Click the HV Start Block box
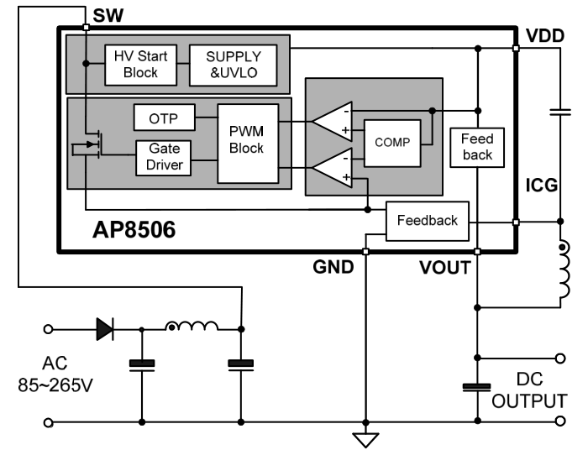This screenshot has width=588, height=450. pyautogui.click(x=140, y=65)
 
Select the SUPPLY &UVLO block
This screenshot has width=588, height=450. pyautogui.click(x=234, y=65)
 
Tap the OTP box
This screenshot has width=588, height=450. pyautogui.click(x=165, y=118)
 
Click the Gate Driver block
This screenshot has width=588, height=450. pyautogui.click(x=164, y=158)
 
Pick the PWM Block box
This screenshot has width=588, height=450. pyautogui.click(x=248, y=144)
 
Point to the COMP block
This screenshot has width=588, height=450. pyautogui.click(x=392, y=143)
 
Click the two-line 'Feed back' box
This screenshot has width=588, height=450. pyautogui.click(x=477, y=147)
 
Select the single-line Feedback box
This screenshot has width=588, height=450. pyautogui.click(x=428, y=221)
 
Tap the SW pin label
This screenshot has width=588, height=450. pyautogui.click(x=108, y=16)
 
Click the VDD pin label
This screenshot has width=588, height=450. pyautogui.click(x=545, y=36)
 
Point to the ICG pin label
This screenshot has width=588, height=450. pyautogui.click(x=542, y=186)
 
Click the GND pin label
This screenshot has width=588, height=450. pyautogui.click(x=333, y=267)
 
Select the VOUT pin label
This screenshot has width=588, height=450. pyautogui.click(x=445, y=268)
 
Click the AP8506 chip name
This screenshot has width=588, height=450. pyautogui.click(x=134, y=230)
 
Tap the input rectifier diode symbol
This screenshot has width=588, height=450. pyautogui.click(x=105, y=329)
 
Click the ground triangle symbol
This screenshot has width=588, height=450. pyautogui.click(x=365, y=440)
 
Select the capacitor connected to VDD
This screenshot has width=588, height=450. pyautogui.click(x=560, y=112)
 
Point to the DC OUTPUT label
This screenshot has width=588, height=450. pyautogui.click(x=529, y=390)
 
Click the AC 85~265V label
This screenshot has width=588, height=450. pyautogui.click(x=55, y=374)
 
